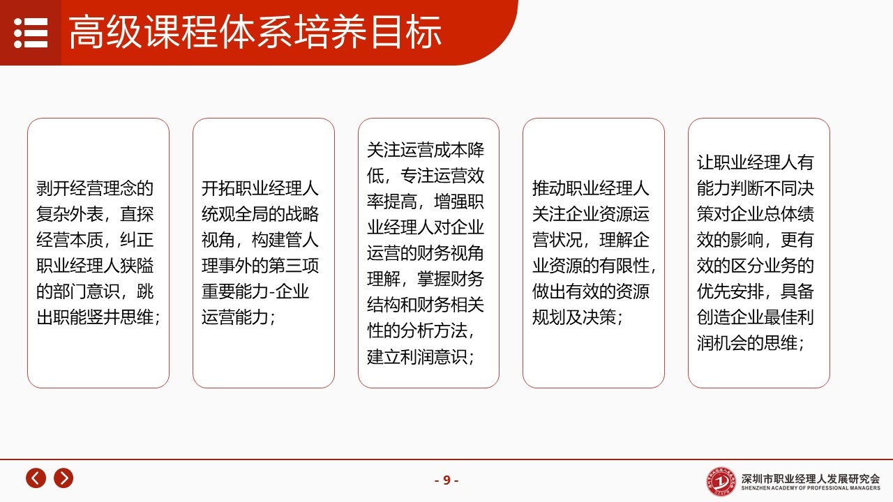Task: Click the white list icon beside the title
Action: click(x=31, y=33)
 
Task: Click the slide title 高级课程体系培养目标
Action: click(x=255, y=33)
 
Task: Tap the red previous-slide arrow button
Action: click(x=36, y=478)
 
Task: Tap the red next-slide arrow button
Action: click(x=63, y=478)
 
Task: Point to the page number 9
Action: click(x=446, y=480)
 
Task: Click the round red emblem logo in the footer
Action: click(x=721, y=482)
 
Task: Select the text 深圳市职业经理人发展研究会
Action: click(x=811, y=478)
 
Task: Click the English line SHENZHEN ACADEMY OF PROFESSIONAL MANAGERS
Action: click(x=811, y=488)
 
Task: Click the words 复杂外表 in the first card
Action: click(x=69, y=214)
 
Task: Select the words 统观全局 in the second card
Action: click(x=235, y=214)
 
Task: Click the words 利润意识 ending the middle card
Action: click(x=434, y=356)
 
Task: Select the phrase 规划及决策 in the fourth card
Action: click(x=573, y=317)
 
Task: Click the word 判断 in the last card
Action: click(x=747, y=188)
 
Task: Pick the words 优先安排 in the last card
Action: click(x=730, y=291)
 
